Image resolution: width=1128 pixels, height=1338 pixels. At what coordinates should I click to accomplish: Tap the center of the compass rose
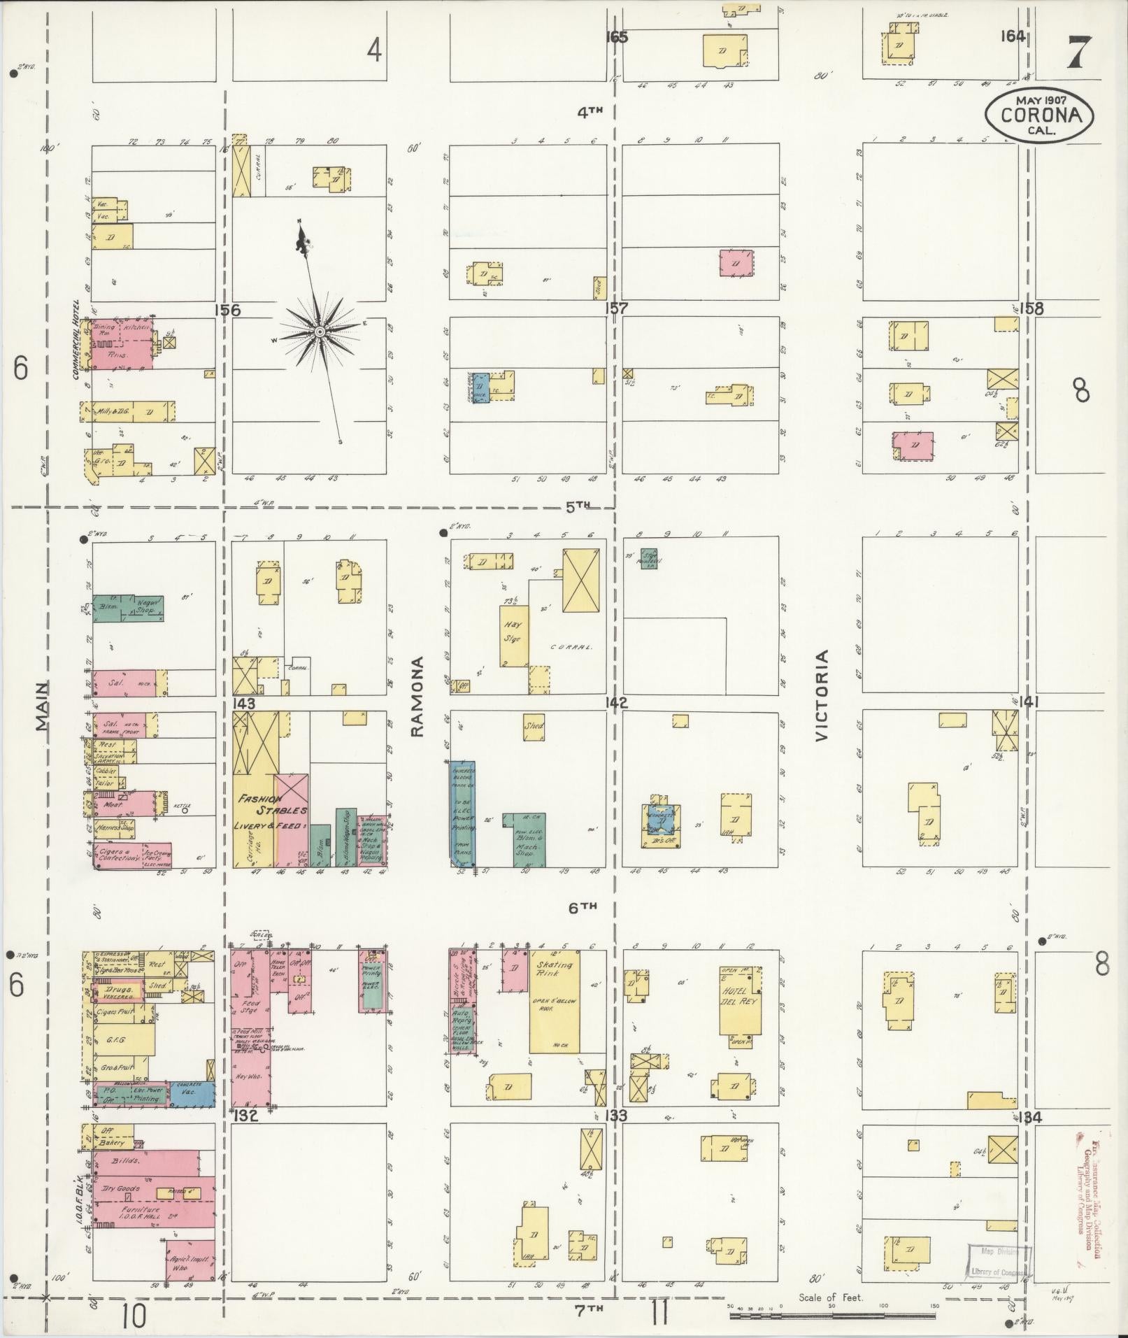[320, 331]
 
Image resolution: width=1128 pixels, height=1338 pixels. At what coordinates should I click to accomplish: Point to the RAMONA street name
[418, 697]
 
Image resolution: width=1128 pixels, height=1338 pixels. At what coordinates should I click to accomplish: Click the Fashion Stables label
[272, 805]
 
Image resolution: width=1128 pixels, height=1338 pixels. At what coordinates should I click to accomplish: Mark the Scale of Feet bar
[832, 1316]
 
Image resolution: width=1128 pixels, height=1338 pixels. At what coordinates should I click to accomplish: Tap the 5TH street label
[578, 506]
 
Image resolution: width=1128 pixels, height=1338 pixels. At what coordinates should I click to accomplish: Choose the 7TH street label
[589, 1309]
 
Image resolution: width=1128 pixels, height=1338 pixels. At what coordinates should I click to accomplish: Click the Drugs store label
[116, 992]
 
